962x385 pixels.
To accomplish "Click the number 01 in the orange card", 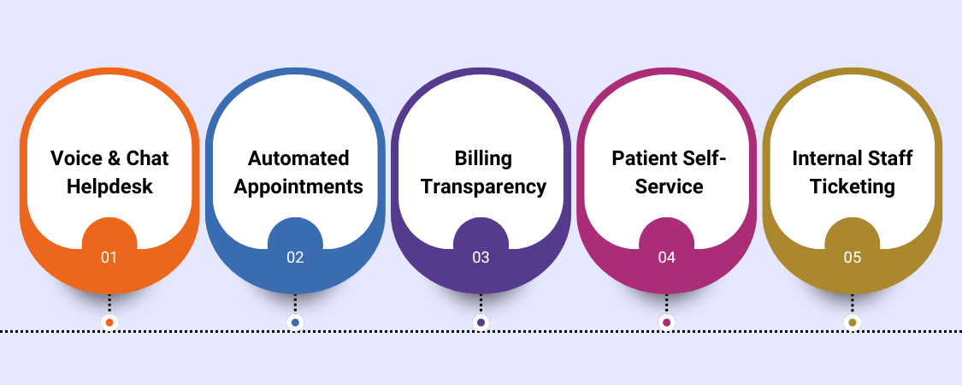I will [x=109, y=257].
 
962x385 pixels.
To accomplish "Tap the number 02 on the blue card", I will [x=295, y=257].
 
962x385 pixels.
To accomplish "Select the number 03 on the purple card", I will [x=481, y=257].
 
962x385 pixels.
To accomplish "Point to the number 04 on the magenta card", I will [x=667, y=257].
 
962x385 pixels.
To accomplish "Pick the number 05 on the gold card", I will [x=852, y=257].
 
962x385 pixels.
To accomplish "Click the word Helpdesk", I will [x=109, y=187].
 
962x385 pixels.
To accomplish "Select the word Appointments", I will [x=298, y=187].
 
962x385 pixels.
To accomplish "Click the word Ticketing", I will [x=853, y=187].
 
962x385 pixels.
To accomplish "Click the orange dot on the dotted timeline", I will [x=109, y=323].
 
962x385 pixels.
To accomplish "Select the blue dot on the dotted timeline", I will [x=295, y=323].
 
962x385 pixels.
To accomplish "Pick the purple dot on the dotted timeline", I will [x=481, y=323].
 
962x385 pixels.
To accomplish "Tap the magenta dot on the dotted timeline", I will [x=667, y=323].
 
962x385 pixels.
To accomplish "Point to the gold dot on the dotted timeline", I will [x=852, y=323].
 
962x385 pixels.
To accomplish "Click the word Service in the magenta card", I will [x=669, y=187].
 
